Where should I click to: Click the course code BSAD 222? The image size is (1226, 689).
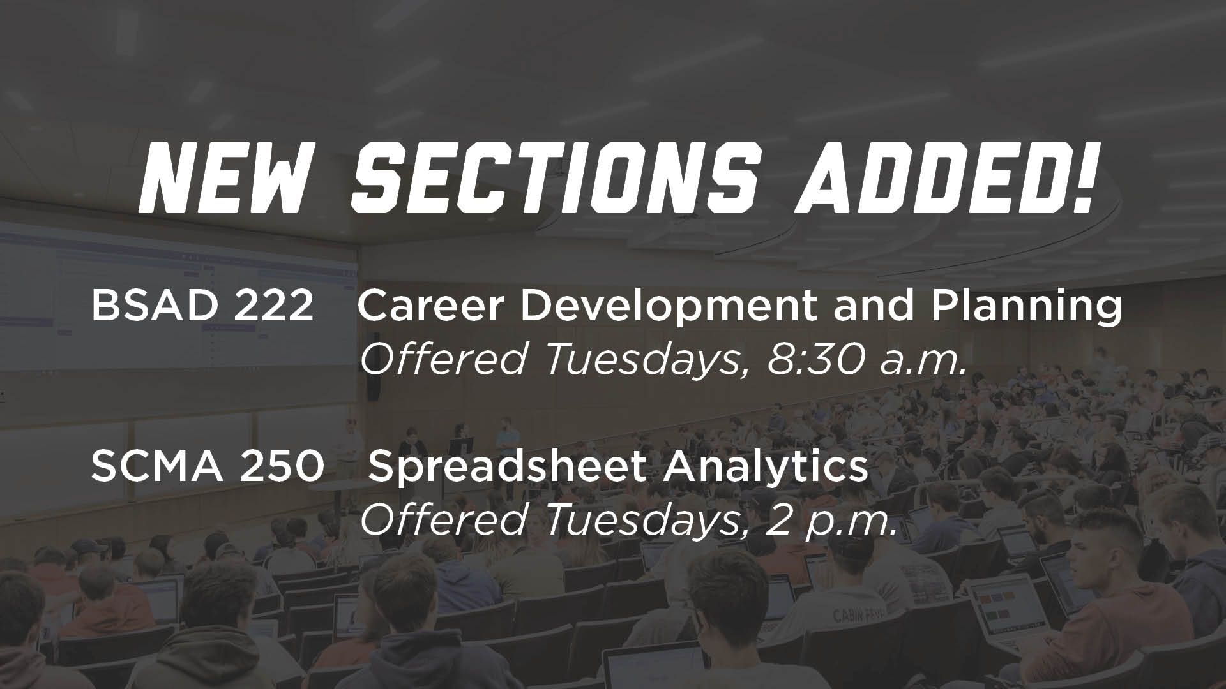[202, 307]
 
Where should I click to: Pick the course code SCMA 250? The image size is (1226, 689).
[208, 466]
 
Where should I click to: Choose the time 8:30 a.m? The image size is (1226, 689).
[865, 359]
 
